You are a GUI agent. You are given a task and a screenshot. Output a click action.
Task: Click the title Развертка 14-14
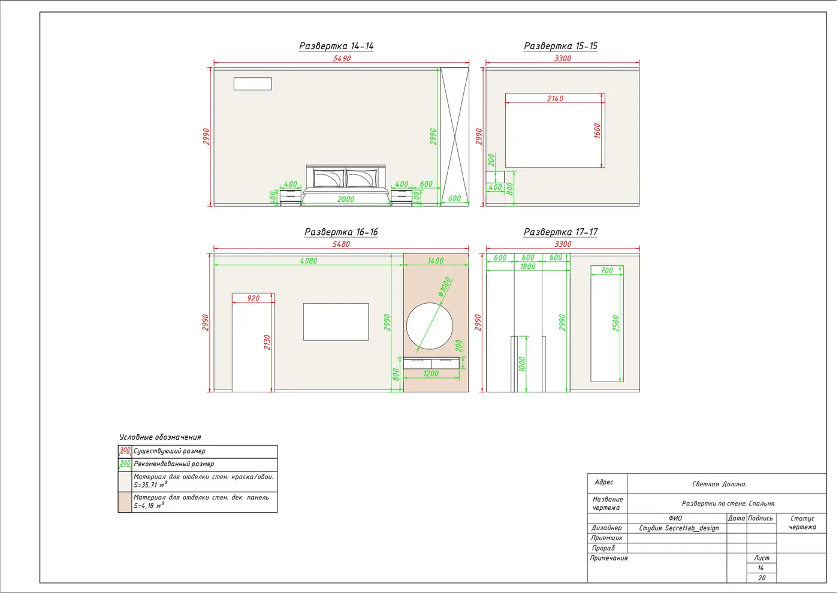click(x=336, y=46)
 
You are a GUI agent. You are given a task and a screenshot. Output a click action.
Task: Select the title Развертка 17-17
click(x=561, y=232)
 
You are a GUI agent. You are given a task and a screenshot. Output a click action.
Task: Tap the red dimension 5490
click(x=342, y=59)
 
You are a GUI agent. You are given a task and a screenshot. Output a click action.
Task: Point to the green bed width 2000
click(x=345, y=199)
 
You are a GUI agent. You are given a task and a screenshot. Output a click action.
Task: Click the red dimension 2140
click(x=555, y=98)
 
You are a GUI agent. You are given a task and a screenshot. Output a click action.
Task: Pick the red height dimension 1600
click(x=597, y=131)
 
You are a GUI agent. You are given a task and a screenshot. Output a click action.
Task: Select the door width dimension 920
click(x=253, y=298)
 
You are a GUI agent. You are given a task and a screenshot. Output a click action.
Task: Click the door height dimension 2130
click(x=267, y=342)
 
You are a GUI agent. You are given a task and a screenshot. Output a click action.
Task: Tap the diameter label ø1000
click(x=445, y=287)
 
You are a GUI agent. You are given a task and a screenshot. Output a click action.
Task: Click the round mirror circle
click(x=406, y=326)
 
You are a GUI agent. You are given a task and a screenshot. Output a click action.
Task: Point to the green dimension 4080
click(x=308, y=261)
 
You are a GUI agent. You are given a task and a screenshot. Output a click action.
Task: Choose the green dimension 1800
click(x=528, y=267)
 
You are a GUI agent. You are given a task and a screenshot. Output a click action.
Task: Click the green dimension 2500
click(x=615, y=323)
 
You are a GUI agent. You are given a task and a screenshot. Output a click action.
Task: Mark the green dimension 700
click(x=606, y=270)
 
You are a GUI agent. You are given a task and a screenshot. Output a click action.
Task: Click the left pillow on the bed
click(x=328, y=178)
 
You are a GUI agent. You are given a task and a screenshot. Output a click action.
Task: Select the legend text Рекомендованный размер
click(x=174, y=464)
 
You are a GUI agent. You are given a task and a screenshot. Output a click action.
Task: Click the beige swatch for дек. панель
click(x=125, y=502)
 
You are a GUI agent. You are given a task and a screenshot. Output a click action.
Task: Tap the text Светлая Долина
click(x=719, y=484)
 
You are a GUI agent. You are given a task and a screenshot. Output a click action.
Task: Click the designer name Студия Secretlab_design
click(x=678, y=528)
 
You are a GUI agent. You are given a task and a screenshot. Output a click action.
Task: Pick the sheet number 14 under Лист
click(x=760, y=568)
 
